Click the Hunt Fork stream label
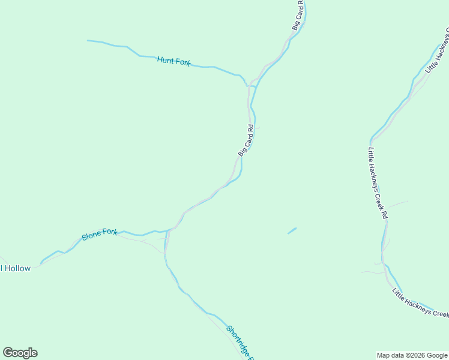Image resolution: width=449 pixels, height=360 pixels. pyautogui.click(x=173, y=61)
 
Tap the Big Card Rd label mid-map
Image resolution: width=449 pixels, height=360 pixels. pyautogui.click(x=247, y=140)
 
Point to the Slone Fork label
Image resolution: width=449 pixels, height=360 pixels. pyautogui.click(x=100, y=235)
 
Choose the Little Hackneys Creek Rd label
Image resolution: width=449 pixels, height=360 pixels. pyautogui.click(x=377, y=183)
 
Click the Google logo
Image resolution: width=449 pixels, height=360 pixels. pyautogui.click(x=20, y=353)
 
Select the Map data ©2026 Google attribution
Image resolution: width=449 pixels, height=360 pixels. pyautogui.click(x=412, y=355)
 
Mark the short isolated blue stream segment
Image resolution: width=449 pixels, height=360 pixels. pyautogui.click(x=292, y=230)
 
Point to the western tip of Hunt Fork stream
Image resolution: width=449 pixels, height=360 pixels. pyautogui.click(x=88, y=41)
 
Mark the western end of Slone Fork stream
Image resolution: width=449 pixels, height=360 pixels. pyautogui.click(x=41, y=262)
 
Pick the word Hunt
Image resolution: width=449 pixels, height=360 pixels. pyautogui.click(x=165, y=60)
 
